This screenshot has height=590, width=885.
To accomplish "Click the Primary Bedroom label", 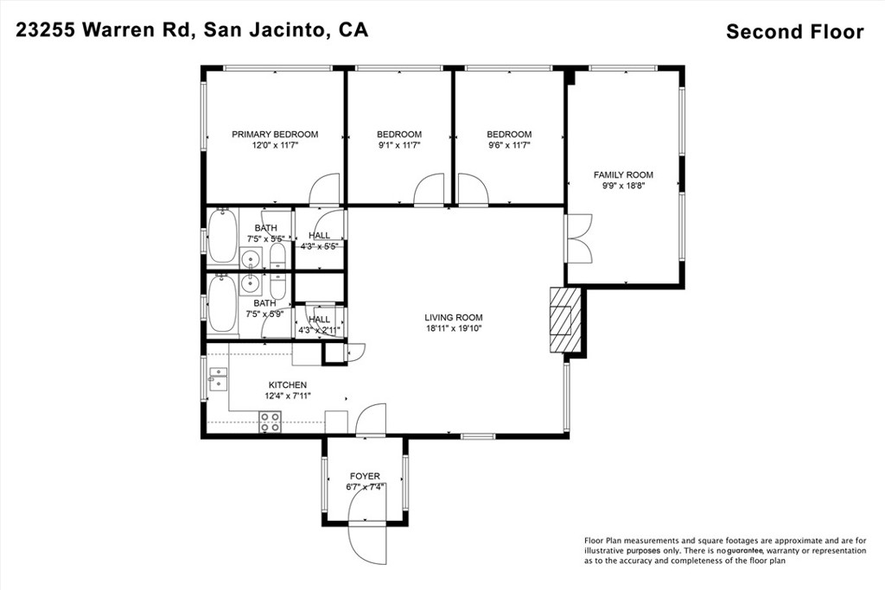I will pos(274,134).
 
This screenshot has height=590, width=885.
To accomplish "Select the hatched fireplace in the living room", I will pos(563,320).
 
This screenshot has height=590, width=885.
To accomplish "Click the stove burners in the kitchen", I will pos(271,422).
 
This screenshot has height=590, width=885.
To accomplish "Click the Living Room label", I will pos(453,317).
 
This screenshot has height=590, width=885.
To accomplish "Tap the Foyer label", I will pos(365,476).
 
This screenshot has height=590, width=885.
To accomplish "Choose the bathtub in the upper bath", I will pos(220,238).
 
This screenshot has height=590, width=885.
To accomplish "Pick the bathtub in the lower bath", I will pos(220,303).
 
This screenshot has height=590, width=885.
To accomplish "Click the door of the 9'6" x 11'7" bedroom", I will pos(473,189).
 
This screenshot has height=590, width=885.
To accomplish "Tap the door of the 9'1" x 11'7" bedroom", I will pos(430,190).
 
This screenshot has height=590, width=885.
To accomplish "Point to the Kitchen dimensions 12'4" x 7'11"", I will pos(288,396).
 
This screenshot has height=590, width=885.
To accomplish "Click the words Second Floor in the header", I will pos(794,32).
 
